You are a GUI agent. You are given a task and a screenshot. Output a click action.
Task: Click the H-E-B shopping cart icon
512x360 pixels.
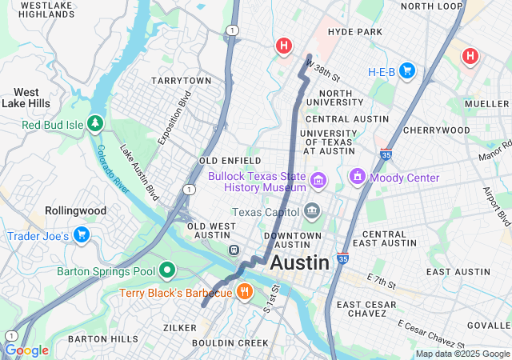(407, 71)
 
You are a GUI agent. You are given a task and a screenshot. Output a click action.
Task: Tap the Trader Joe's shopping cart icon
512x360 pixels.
(81, 235)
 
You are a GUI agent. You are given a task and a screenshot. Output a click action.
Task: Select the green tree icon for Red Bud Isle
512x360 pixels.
(95, 124)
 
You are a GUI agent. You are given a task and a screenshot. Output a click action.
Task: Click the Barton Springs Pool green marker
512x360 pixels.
(167, 271)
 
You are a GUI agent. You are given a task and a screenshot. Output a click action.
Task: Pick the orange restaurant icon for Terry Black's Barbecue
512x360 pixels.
(245, 293)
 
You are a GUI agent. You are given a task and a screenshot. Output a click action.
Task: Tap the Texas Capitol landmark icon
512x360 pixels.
(311, 212)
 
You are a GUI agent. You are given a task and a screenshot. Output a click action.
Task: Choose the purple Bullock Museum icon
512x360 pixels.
(319, 180)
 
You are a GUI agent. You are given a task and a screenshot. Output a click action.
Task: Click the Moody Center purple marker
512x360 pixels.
(358, 177)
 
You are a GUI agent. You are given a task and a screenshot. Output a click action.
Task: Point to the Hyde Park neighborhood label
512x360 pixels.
(355, 31)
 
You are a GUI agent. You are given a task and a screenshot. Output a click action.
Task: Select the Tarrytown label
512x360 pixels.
(181, 81)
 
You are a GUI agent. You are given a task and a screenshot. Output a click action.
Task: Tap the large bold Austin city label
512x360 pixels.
(300, 262)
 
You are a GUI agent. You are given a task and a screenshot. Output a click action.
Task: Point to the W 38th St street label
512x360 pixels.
(323, 73)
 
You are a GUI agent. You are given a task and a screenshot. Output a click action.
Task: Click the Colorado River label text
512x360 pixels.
(114, 167)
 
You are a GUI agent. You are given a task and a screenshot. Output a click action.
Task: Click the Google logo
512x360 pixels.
(26, 350)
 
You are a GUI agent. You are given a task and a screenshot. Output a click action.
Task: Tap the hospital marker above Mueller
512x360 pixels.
(470, 56)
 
